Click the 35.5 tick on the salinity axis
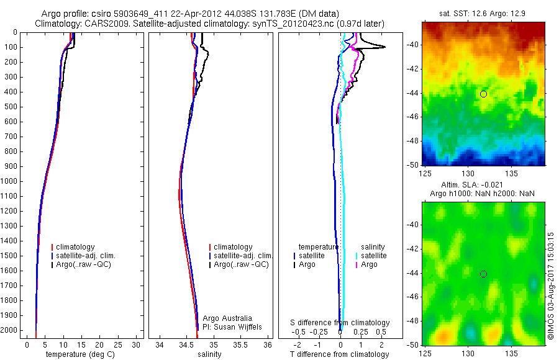(x=240, y=344)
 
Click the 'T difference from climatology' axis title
(x=339, y=354)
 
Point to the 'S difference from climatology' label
(x=340, y=323)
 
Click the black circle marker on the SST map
(x=483, y=94)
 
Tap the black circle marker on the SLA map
(x=483, y=274)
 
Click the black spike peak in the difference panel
(x=385, y=47)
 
